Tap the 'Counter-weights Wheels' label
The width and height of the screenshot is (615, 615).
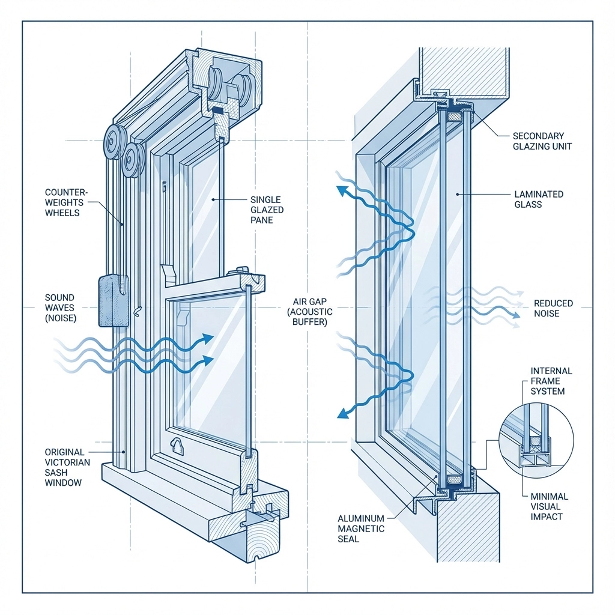click(67, 202)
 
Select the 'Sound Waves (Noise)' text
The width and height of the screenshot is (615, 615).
click(59, 307)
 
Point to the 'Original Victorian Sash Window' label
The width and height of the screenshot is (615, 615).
click(67, 467)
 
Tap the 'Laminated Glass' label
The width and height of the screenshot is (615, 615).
click(539, 199)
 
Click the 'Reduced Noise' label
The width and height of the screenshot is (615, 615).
click(553, 308)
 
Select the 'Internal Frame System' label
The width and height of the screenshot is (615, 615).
click(551, 381)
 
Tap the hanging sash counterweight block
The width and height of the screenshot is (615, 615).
click(114, 300)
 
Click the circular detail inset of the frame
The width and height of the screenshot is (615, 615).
click(536, 435)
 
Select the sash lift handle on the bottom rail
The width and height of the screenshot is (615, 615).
click(178, 444)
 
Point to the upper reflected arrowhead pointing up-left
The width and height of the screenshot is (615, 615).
click(343, 192)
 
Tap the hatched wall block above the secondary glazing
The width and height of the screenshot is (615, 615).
click(464, 71)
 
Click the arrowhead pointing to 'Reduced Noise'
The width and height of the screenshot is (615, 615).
click(517, 314)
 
